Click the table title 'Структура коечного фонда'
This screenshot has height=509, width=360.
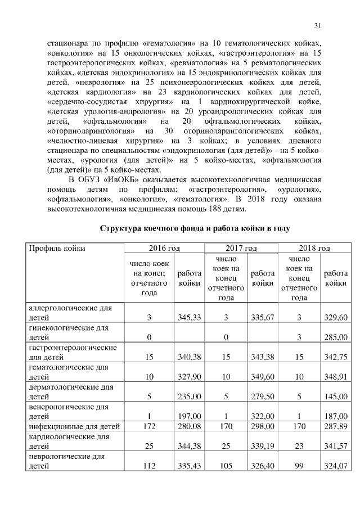[x=195, y=229]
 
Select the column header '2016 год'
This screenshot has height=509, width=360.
[x=164, y=247]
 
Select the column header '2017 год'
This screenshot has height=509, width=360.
[x=241, y=247]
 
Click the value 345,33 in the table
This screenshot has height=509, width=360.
[x=189, y=318]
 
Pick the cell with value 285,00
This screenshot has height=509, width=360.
[x=335, y=337]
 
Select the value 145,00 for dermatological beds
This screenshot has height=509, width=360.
[x=335, y=396]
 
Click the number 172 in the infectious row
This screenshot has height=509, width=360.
[x=149, y=426]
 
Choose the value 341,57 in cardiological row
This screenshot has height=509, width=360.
[x=335, y=445]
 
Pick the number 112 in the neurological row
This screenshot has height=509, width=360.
[x=149, y=465]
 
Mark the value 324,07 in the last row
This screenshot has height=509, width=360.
[x=335, y=465]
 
